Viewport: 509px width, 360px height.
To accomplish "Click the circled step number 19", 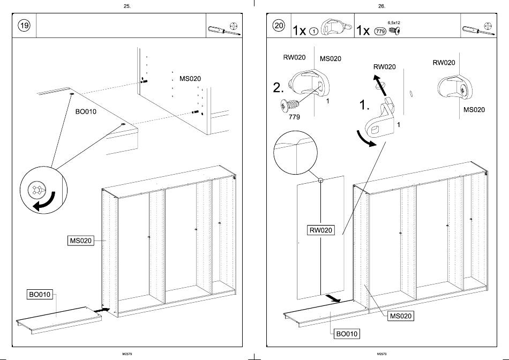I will point(24,26).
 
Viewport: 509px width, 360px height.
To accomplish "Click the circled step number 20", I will point(279,26).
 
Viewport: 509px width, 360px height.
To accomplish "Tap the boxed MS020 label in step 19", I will point(80,241).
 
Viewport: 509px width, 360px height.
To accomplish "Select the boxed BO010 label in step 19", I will point(40,294).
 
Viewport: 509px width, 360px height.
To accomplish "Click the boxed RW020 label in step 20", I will point(320,230).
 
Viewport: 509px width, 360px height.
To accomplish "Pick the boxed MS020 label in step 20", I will point(401,316).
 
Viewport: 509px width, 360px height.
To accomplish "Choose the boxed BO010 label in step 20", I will point(347,334).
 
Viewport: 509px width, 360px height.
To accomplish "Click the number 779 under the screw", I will point(294,117).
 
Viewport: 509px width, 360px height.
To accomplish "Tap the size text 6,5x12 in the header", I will point(394,23).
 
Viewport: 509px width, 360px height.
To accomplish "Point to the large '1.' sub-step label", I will point(364,106).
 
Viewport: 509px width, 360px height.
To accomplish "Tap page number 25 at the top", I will point(127,6).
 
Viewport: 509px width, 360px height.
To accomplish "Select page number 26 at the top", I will point(381,6).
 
